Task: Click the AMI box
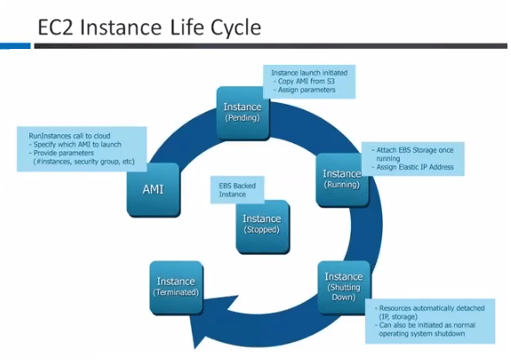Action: (x=153, y=189)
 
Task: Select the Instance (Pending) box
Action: (x=244, y=113)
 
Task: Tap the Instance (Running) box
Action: (x=342, y=180)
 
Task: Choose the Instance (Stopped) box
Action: (x=263, y=227)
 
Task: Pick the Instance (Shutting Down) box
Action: (x=344, y=287)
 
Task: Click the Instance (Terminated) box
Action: (x=177, y=288)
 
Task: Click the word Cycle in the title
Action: (x=236, y=28)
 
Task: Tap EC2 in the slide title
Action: (x=56, y=27)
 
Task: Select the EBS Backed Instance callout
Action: (x=237, y=190)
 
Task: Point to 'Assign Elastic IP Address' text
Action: (x=415, y=167)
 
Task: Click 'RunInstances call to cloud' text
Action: (x=69, y=136)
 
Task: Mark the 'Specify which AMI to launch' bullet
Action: (x=77, y=145)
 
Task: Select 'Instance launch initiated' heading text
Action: (x=309, y=73)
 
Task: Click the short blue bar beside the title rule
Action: (x=15, y=46)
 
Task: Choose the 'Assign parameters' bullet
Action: (x=307, y=90)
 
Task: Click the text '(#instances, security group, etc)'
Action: (x=84, y=162)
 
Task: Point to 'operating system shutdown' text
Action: (x=422, y=333)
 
